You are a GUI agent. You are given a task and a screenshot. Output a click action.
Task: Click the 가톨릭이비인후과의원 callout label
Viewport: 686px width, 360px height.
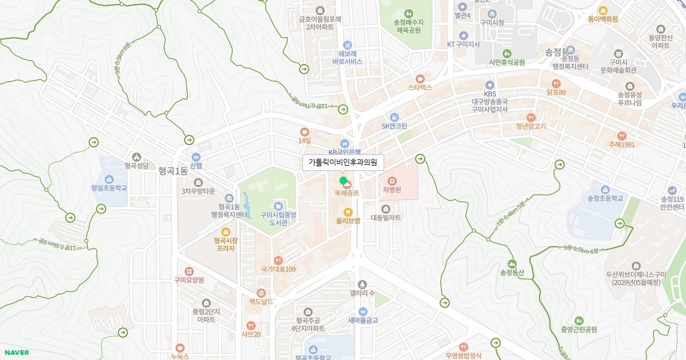click(343, 162)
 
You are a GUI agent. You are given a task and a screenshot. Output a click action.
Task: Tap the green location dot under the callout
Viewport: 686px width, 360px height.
click(343, 181)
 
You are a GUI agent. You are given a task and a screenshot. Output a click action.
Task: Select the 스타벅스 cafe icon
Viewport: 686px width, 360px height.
click(420, 78)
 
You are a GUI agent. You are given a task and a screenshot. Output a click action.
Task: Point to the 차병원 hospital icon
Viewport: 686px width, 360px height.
click(392, 181)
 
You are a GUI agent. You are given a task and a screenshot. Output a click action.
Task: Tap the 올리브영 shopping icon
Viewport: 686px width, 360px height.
click(348, 212)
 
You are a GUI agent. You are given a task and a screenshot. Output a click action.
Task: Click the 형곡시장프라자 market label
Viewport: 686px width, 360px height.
click(225, 245)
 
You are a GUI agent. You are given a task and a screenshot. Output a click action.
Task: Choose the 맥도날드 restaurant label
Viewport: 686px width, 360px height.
click(261, 301)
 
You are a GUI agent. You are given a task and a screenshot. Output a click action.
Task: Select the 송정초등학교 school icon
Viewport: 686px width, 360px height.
click(605, 190)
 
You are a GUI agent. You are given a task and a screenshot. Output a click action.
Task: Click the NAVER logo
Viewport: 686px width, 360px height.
click(16, 353)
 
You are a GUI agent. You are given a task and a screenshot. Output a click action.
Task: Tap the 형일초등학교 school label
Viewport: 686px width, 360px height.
click(109, 188)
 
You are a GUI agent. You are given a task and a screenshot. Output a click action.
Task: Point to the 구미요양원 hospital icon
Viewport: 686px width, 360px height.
click(189, 271)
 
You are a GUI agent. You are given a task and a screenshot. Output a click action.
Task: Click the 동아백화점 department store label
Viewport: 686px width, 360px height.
click(603, 19)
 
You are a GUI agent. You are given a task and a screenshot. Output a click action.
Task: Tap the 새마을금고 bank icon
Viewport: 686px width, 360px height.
click(362, 311)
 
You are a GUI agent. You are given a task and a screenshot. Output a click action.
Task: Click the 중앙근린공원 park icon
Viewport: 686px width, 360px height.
click(579, 321)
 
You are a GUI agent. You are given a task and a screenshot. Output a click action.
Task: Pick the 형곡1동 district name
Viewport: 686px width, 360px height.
click(173, 171)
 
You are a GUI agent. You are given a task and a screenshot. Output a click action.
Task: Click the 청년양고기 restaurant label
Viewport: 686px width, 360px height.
click(531, 126)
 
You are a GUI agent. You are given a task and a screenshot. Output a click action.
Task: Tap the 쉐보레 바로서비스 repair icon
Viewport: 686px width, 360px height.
click(347, 45)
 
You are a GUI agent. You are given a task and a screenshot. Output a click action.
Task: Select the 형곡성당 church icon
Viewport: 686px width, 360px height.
click(136, 157)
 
